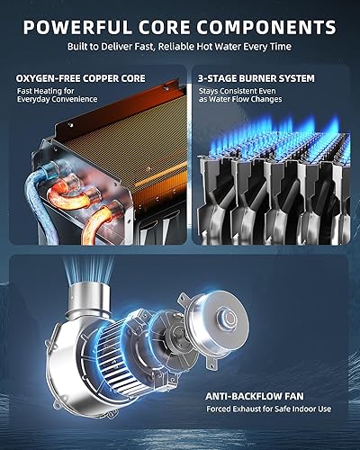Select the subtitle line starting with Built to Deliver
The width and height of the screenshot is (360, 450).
180,44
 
